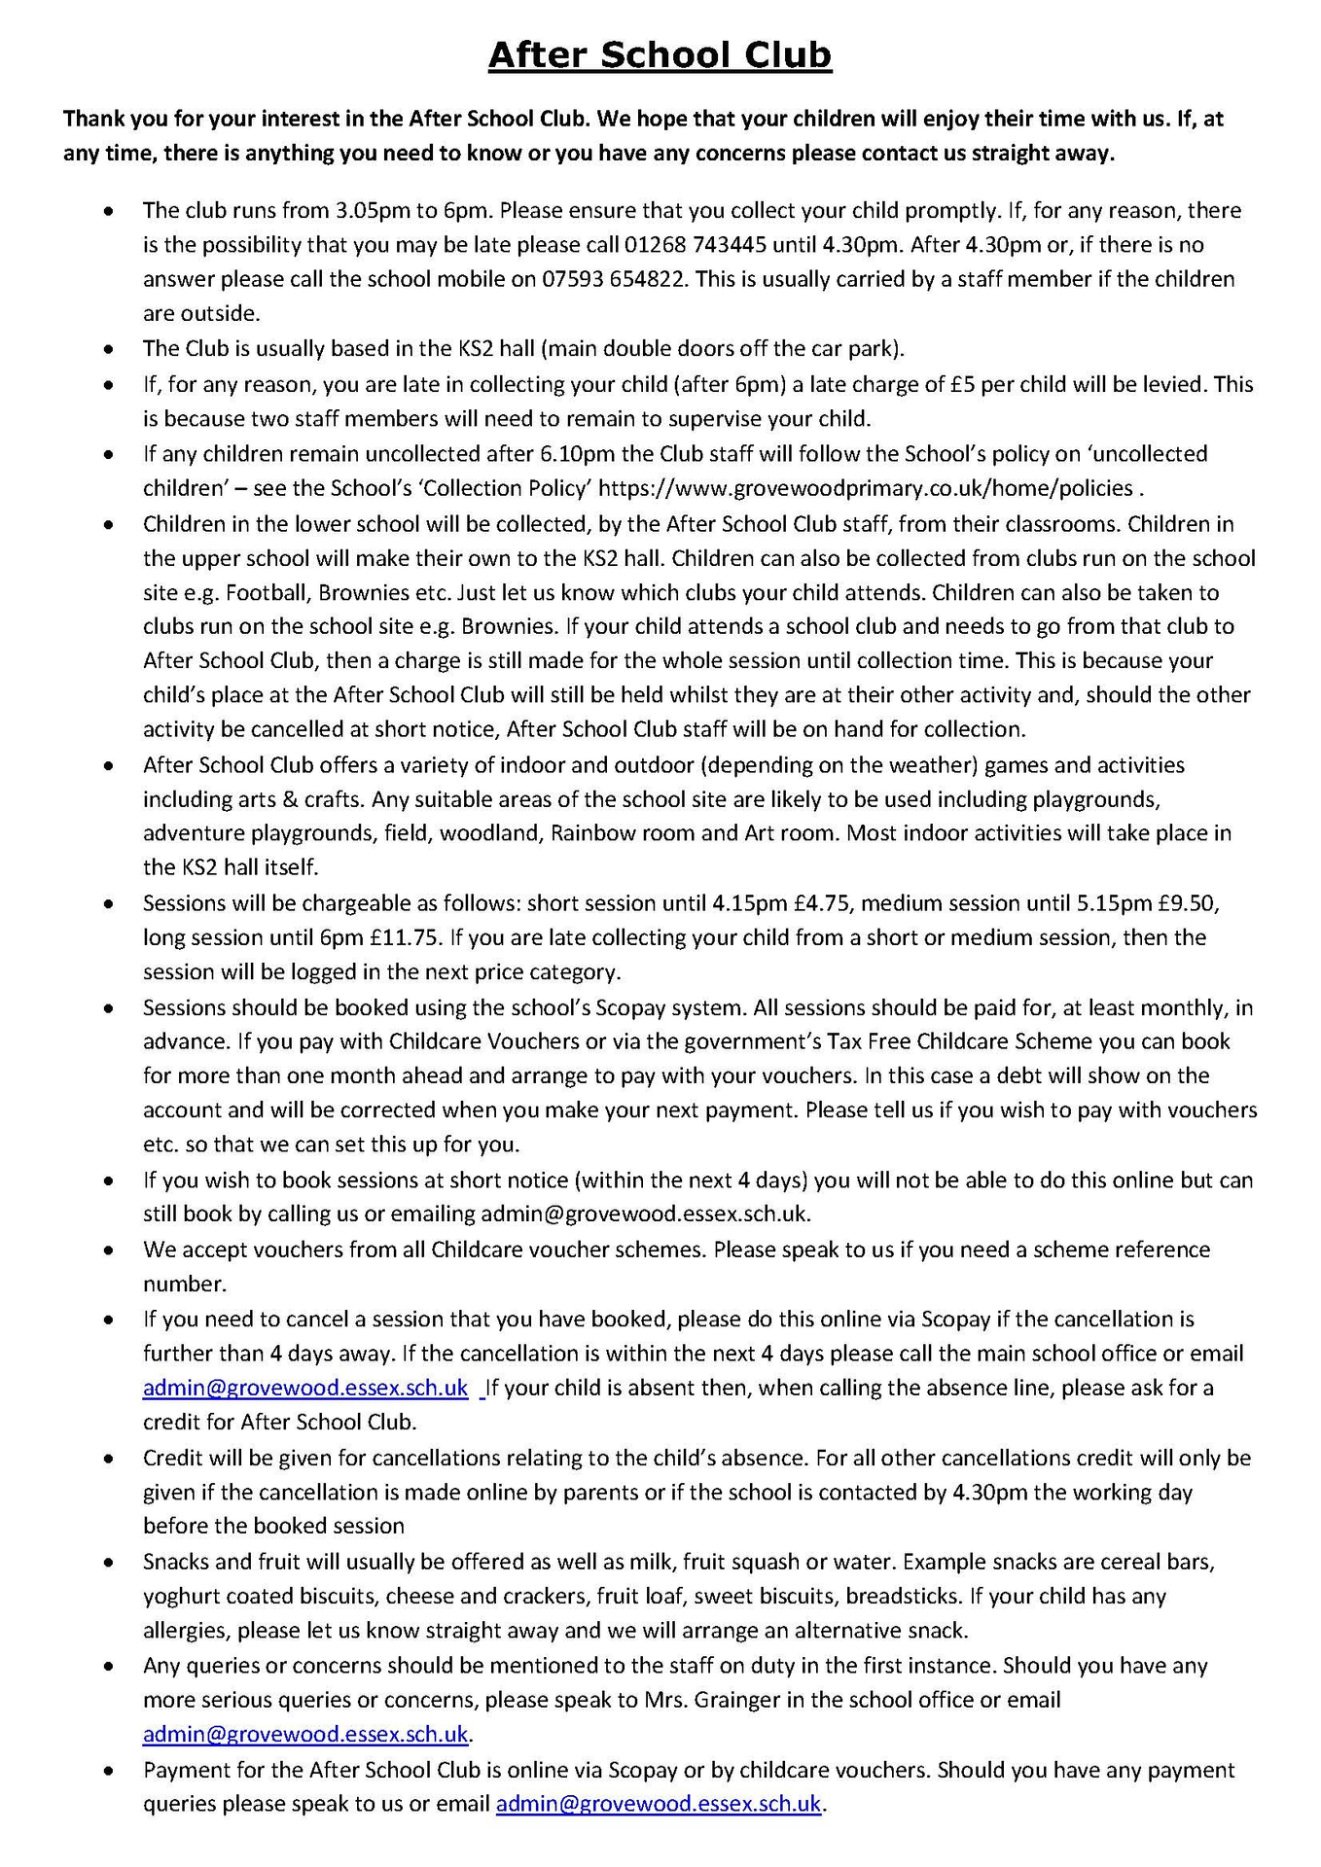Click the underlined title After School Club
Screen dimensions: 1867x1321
[x=660, y=55]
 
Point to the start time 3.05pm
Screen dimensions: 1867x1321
[x=373, y=210]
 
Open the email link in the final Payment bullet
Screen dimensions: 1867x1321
[x=659, y=1803]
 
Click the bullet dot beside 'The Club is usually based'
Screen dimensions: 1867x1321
[x=113, y=348]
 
